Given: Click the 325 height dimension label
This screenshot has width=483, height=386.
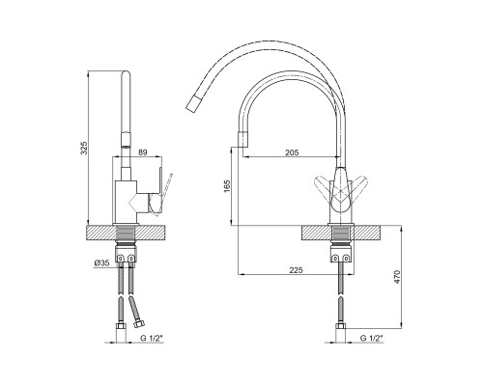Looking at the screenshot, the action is pyautogui.click(x=84, y=148).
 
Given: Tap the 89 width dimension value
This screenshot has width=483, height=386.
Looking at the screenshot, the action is pyautogui.click(x=142, y=152).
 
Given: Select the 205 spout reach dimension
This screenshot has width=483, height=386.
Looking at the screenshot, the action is pyautogui.click(x=292, y=152).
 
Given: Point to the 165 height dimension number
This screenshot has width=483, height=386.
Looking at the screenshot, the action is pyautogui.click(x=227, y=187).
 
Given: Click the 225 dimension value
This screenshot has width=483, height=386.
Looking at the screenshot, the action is pyautogui.click(x=296, y=270).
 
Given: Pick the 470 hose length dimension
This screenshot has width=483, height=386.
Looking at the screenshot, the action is pyautogui.click(x=397, y=277).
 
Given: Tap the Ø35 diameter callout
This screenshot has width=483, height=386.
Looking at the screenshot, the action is pyautogui.click(x=101, y=262).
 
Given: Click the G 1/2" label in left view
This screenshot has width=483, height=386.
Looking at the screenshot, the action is pyautogui.click(x=152, y=338).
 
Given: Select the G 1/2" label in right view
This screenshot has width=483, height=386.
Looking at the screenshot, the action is pyautogui.click(x=372, y=338).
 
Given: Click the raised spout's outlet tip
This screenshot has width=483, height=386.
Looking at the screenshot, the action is pyautogui.click(x=192, y=103).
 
